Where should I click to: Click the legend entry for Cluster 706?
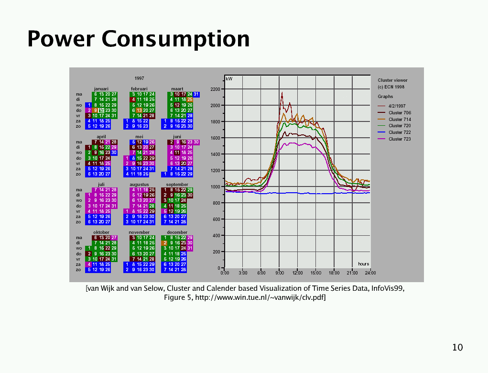399,113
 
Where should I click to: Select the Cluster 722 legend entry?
399,132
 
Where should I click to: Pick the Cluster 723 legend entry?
399,139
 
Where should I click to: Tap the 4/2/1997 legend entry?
397,106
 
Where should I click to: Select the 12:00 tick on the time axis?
297,273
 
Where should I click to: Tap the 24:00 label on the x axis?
370,273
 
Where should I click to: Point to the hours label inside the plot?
363,264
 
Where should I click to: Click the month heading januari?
101,88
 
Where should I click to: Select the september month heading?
177,184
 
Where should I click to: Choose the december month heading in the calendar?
177,232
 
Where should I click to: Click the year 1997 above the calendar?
140,78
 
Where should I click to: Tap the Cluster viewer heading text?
392,80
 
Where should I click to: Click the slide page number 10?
457,347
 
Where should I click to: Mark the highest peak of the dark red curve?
282,92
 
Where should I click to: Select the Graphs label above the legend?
385,97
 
